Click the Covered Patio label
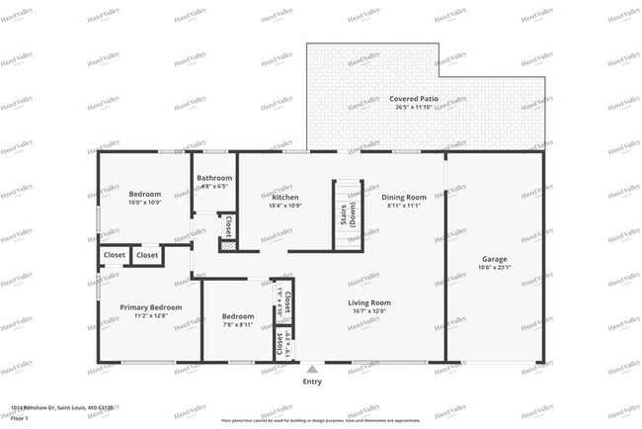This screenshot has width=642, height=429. [414, 100]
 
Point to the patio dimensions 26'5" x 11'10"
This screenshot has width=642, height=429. [414, 108]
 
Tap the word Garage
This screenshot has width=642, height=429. [494, 259]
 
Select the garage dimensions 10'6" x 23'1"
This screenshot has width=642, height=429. [494, 267]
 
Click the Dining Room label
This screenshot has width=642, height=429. [404, 197]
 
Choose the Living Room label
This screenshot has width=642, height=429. [369, 302]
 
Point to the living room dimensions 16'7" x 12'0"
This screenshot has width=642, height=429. [369, 310]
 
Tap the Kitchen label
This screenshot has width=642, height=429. [285, 197]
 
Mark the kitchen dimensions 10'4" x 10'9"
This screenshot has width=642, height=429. [285, 205]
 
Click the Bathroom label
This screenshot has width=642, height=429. [214, 178]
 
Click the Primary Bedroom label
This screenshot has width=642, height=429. [151, 307]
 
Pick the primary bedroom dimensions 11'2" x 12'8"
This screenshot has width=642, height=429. [151, 316]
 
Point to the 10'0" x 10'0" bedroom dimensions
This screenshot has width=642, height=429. [145, 202]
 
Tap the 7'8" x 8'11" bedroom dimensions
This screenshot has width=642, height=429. [237, 324]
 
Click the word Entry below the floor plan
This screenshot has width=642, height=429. [312, 382]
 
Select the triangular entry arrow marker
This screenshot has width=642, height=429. [312, 369]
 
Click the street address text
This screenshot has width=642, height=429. [62, 406]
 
